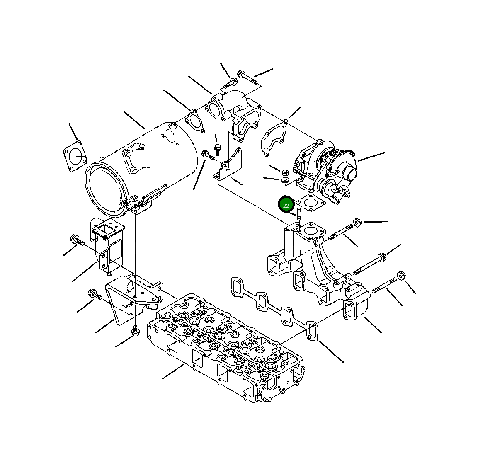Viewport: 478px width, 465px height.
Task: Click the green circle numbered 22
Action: coord(286,205)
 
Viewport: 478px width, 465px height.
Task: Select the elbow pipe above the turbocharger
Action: coord(234,110)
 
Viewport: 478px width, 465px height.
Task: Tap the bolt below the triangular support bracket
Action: coord(134,331)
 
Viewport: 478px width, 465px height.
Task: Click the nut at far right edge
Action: coord(401,276)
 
